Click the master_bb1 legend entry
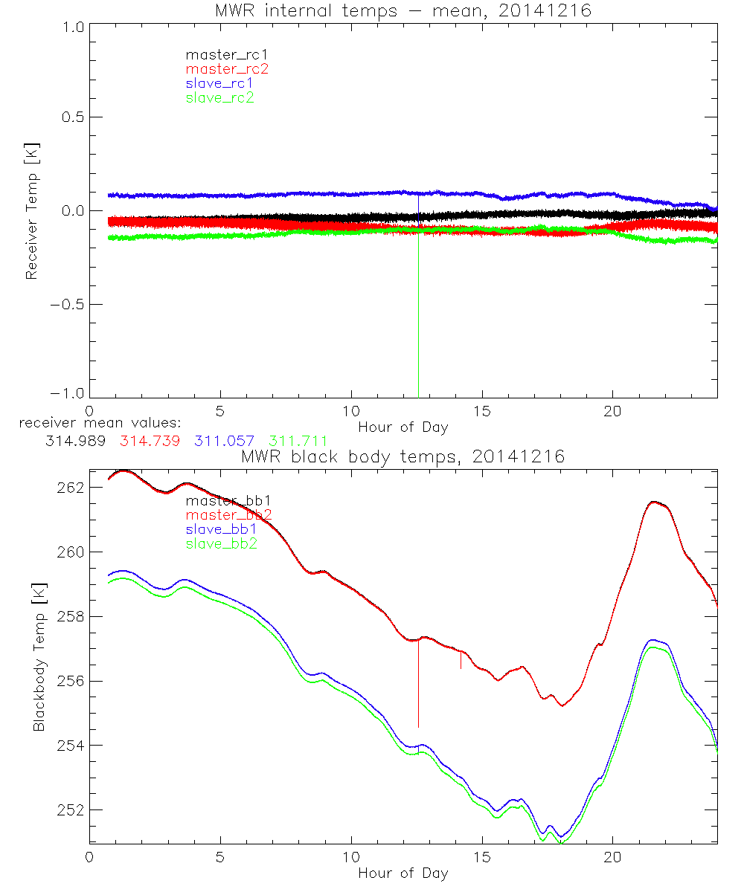(221, 501)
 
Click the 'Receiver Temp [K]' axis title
(31, 210)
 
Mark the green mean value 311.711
(298, 441)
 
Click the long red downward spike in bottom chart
(419, 684)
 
